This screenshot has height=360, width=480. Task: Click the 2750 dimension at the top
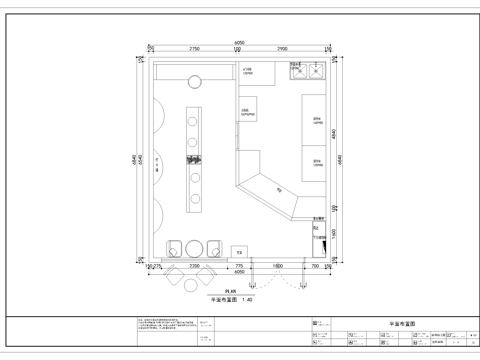[x=195, y=49]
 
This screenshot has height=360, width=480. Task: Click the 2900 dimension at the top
[x=283, y=49]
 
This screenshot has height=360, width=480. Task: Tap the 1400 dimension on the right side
[x=336, y=233]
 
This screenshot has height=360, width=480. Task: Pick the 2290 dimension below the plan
[x=195, y=267]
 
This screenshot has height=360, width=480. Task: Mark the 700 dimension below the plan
[x=315, y=267]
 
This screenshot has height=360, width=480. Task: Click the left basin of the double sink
[x=296, y=71]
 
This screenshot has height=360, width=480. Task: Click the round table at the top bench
[x=197, y=83]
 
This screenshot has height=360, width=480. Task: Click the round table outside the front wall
[x=193, y=283]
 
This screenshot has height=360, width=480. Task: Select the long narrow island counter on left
[x=192, y=160]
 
